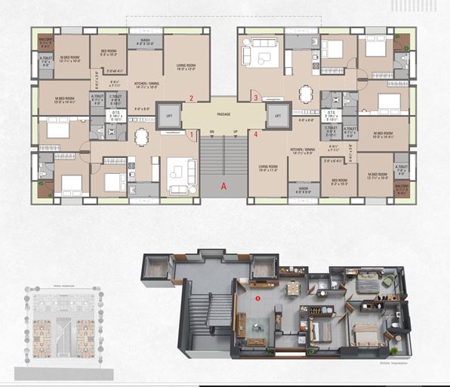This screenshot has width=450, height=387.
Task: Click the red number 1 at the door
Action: point(192,135)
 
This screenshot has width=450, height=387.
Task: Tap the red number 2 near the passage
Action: point(192,98)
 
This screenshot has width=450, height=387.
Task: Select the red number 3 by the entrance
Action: point(256,98)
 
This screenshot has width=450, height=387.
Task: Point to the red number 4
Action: point(256,135)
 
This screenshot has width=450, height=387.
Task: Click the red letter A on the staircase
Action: point(223,185)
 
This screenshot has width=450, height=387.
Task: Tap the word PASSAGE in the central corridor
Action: point(223,115)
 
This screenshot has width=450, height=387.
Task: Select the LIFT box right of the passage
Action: point(279,116)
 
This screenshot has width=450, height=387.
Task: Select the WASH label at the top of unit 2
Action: point(145,41)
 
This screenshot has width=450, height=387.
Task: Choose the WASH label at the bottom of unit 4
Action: point(303,190)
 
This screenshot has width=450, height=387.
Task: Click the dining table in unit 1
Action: point(141,137)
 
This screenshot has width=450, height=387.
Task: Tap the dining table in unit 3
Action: point(305,94)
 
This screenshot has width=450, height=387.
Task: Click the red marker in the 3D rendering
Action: point(258,299)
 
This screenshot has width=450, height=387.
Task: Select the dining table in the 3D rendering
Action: point(293,289)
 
